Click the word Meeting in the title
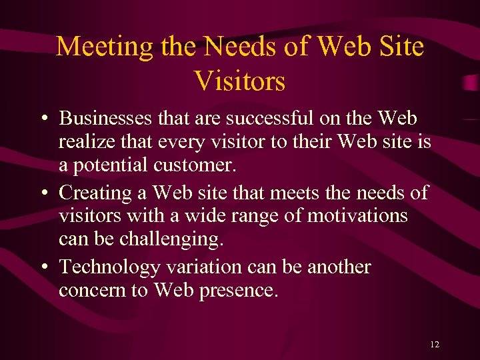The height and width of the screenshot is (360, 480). pyautogui.click(x=96, y=47)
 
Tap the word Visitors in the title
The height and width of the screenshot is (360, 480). pyautogui.click(x=240, y=81)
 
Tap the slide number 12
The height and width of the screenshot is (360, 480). pyautogui.click(x=435, y=345)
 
